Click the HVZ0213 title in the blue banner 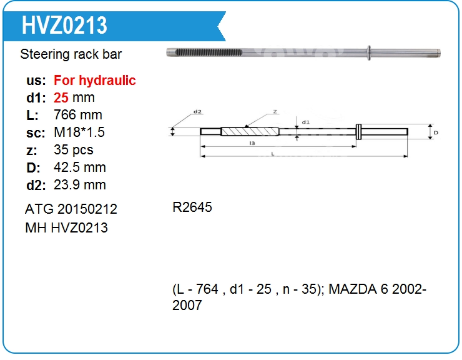[x=64, y=26]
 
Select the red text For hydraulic [x=94, y=80]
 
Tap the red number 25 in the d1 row [x=61, y=97]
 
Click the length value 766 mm [x=78, y=115]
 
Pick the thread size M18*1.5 [x=79, y=132]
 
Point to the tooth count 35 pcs [x=74, y=149]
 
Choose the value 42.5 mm [x=79, y=167]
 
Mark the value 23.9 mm [x=79, y=185]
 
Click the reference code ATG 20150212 [x=71, y=209]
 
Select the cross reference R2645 [x=192, y=207]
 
